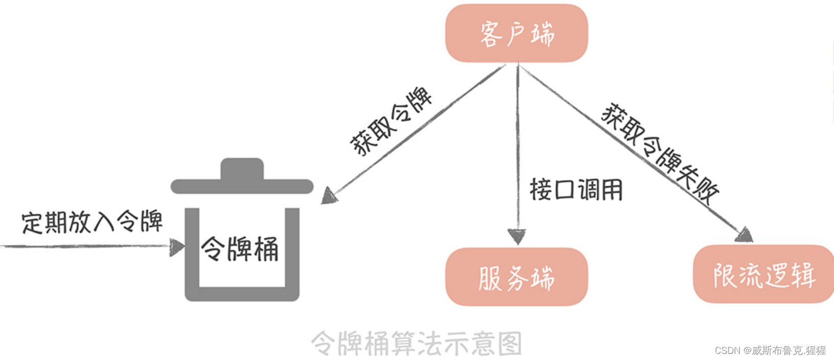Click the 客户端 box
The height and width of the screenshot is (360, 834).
(516, 34)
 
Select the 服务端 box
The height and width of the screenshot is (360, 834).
(516, 277)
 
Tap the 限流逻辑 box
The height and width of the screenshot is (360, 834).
(763, 275)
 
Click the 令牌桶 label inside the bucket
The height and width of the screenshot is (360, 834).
(240, 249)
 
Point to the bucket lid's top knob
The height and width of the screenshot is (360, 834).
(242, 168)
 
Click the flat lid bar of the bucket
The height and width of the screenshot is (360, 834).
(242, 187)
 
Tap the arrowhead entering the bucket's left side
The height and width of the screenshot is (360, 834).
(177, 247)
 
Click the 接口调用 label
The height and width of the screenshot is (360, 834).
(576, 190)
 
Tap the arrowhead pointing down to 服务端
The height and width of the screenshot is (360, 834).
(517, 236)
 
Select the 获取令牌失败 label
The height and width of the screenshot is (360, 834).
(660, 153)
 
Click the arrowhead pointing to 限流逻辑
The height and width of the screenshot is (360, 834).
(745, 235)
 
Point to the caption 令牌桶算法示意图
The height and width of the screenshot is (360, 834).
(416, 343)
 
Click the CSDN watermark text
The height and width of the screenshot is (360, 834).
(770, 350)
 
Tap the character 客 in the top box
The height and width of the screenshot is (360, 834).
(491, 34)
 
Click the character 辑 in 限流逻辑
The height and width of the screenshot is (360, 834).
(802, 275)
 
